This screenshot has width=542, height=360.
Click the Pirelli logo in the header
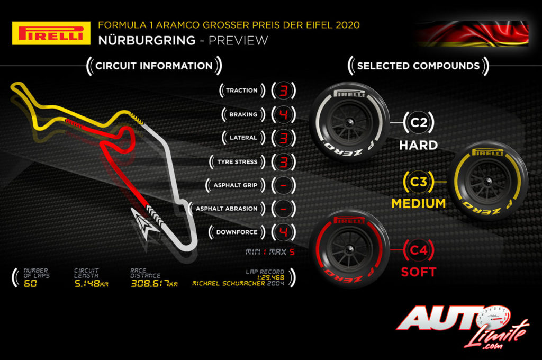[51, 33]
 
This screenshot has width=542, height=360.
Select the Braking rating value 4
[283, 114]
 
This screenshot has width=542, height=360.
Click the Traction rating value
[283, 91]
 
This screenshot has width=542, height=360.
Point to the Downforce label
[237, 232]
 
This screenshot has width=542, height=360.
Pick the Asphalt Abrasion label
[227, 209]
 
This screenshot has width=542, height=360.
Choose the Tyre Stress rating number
[283, 162]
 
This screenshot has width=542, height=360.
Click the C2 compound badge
[419, 123]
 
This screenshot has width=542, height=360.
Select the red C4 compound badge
[419, 250]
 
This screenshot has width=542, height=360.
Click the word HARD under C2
[418, 145]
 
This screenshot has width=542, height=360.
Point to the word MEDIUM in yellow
[418, 203]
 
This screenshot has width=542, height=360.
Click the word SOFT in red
[418, 272]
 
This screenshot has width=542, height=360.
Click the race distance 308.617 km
[154, 283]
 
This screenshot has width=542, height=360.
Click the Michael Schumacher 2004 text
[238, 283]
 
